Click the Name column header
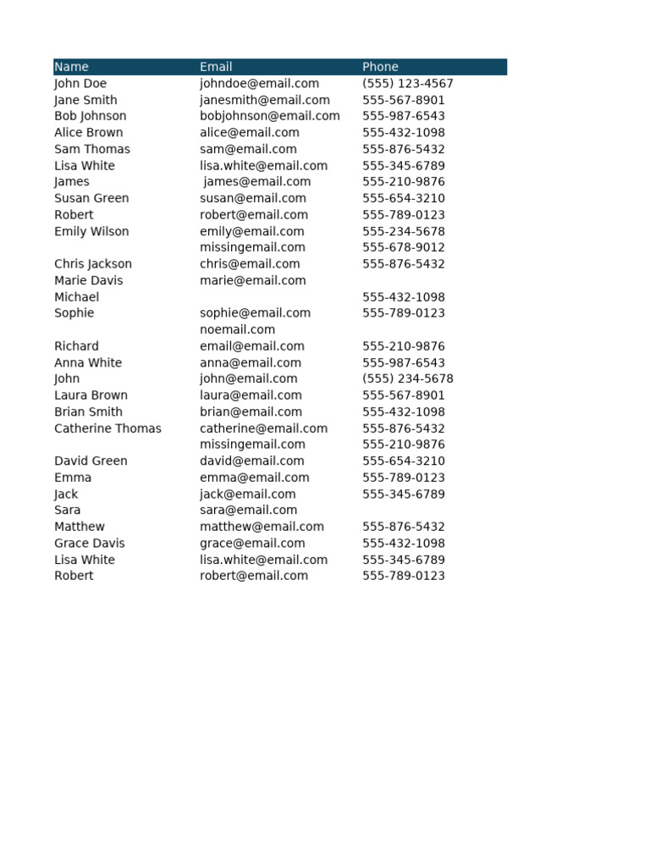pyautogui.click(x=71, y=67)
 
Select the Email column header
pyautogui.click(x=216, y=67)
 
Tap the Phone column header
pyautogui.click(x=380, y=67)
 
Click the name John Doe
pyautogui.click(x=80, y=84)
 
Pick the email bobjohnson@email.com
pyautogui.click(x=269, y=116)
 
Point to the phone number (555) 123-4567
pyautogui.click(x=407, y=84)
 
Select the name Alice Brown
pyautogui.click(x=88, y=133)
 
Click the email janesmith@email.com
pyautogui.click(x=264, y=100)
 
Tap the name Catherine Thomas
pyautogui.click(x=107, y=428)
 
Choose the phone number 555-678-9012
pyautogui.click(x=403, y=247)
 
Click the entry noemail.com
pyautogui.click(x=237, y=329)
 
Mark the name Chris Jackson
pyautogui.click(x=93, y=264)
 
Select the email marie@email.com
pyautogui.click(x=252, y=280)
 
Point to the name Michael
pyautogui.click(x=76, y=297)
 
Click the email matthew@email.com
pyautogui.click(x=262, y=527)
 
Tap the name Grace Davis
pyautogui.click(x=89, y=544)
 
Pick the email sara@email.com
pyautogui.click(x=248, y=510)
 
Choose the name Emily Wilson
pyautogui.click(x=91, y=231)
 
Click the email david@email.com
pyautogui.click(x=251, y=461)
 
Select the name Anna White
pyautogui.click(x=88, y=362)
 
